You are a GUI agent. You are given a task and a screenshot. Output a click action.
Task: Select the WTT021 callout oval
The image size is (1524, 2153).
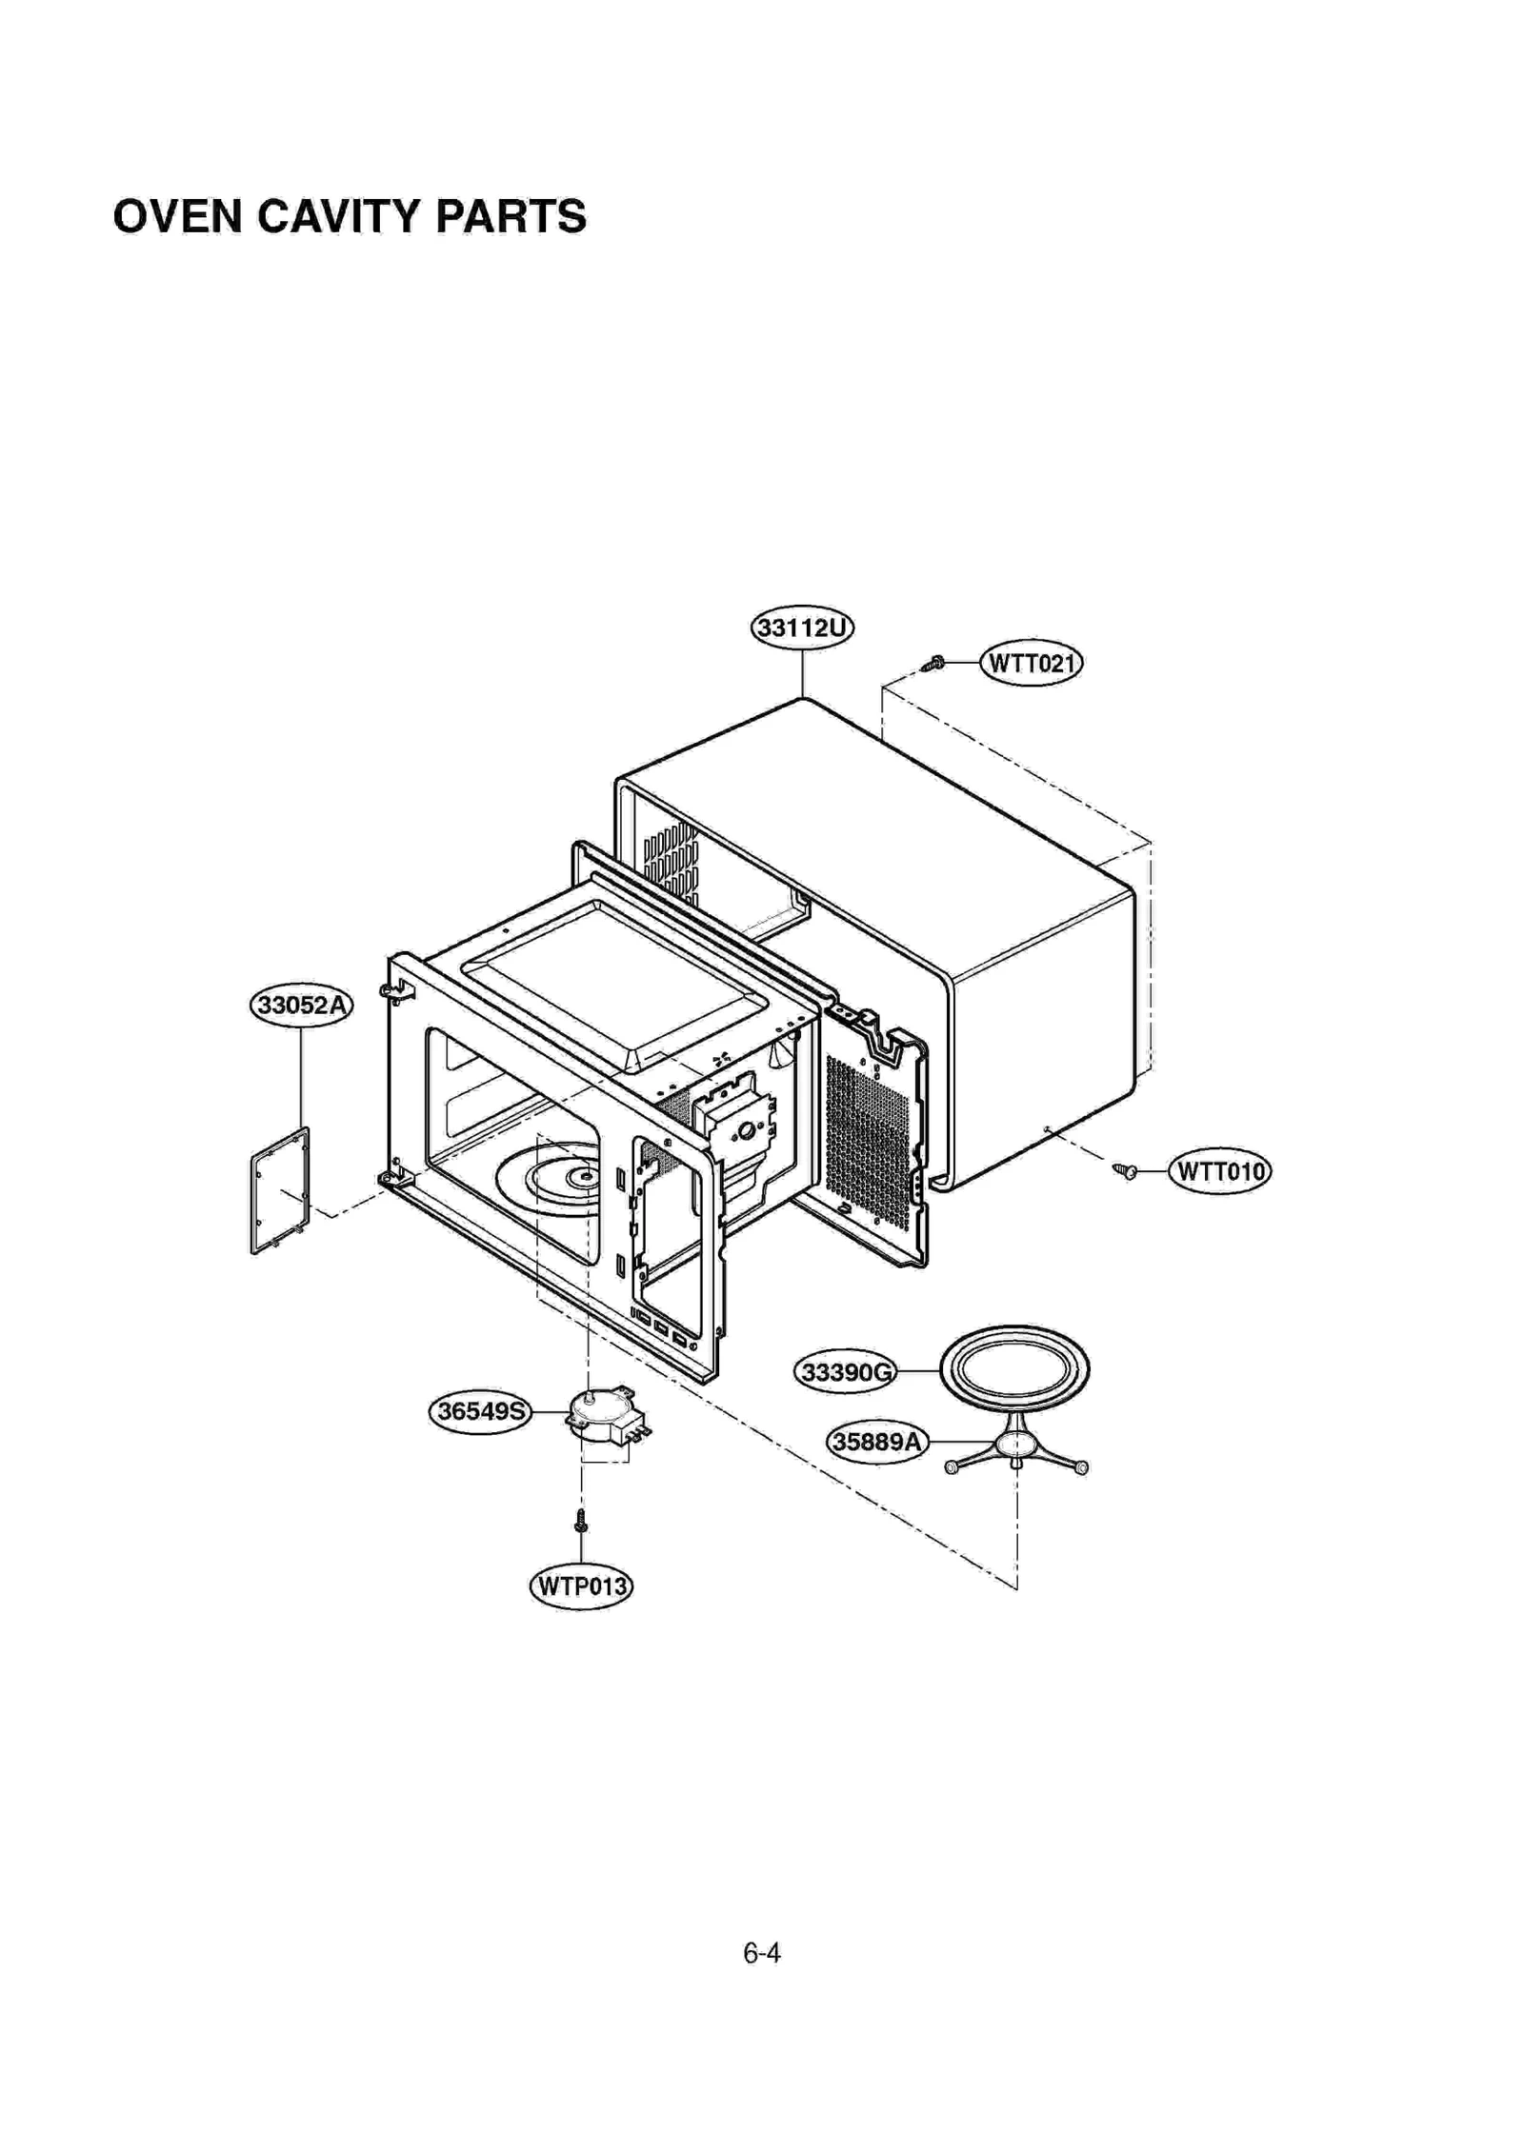coord(1032,663)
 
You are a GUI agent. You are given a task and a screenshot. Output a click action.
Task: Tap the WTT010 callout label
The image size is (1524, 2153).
coord(1219,1170)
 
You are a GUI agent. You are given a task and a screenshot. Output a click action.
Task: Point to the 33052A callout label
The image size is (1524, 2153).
coord(301,1006)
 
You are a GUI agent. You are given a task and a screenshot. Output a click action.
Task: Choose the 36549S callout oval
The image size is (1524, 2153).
coord(480,1411)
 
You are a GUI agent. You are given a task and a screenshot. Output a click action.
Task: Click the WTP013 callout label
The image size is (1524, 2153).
coord(581,1586)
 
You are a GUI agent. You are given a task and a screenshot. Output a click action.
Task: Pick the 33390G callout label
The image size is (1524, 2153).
coord(846,1372)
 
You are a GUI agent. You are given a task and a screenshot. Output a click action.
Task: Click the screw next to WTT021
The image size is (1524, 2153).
coord(934,663)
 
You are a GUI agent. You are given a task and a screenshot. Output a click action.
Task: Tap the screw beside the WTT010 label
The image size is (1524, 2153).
coord(1125,1170)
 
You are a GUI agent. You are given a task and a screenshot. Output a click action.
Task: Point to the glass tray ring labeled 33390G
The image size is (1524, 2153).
coord(1014,1369)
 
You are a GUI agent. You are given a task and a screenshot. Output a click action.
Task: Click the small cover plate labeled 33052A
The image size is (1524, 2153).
coord(280,1190)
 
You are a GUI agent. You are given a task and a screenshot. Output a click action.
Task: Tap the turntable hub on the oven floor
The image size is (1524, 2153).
coord(581,1178)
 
